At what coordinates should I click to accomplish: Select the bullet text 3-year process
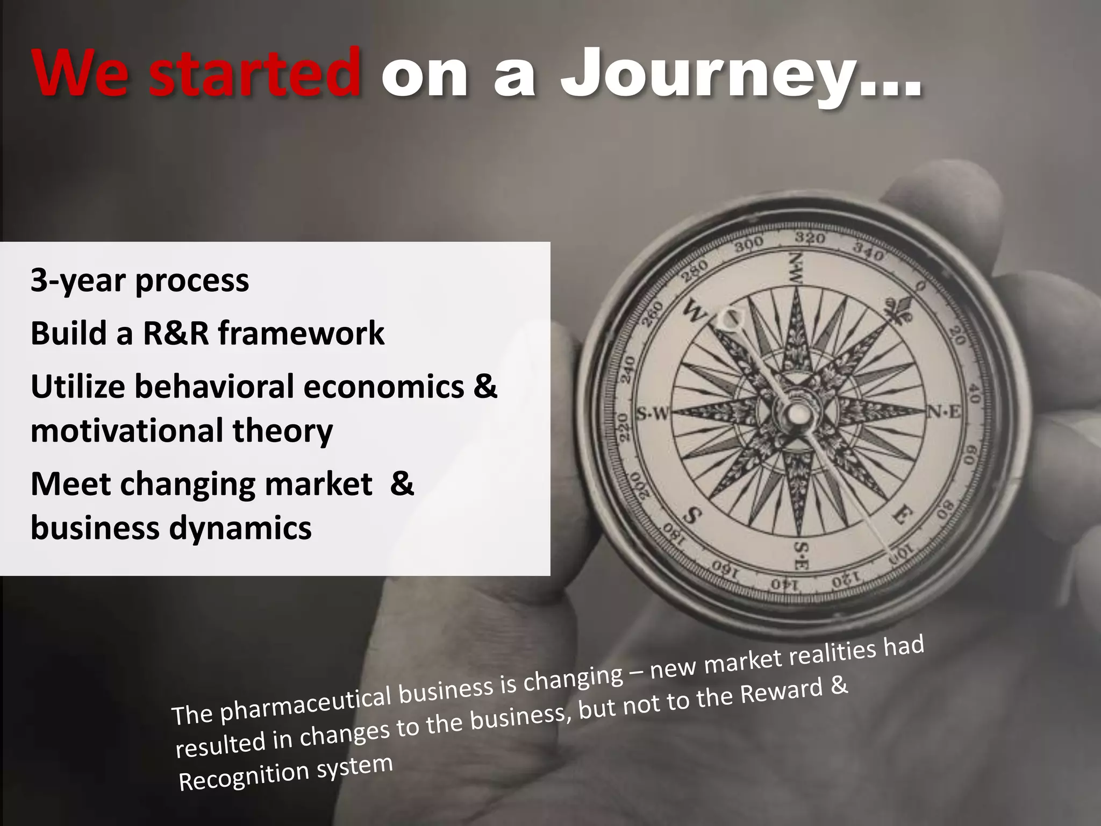[x=140, y=281]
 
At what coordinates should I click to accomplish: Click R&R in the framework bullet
[x=176, y=333]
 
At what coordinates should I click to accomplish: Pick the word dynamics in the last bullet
[x=240, y=528]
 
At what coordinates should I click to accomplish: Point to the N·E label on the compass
[x=944, y=412]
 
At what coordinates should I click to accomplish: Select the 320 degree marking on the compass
[x=810, y=237]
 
